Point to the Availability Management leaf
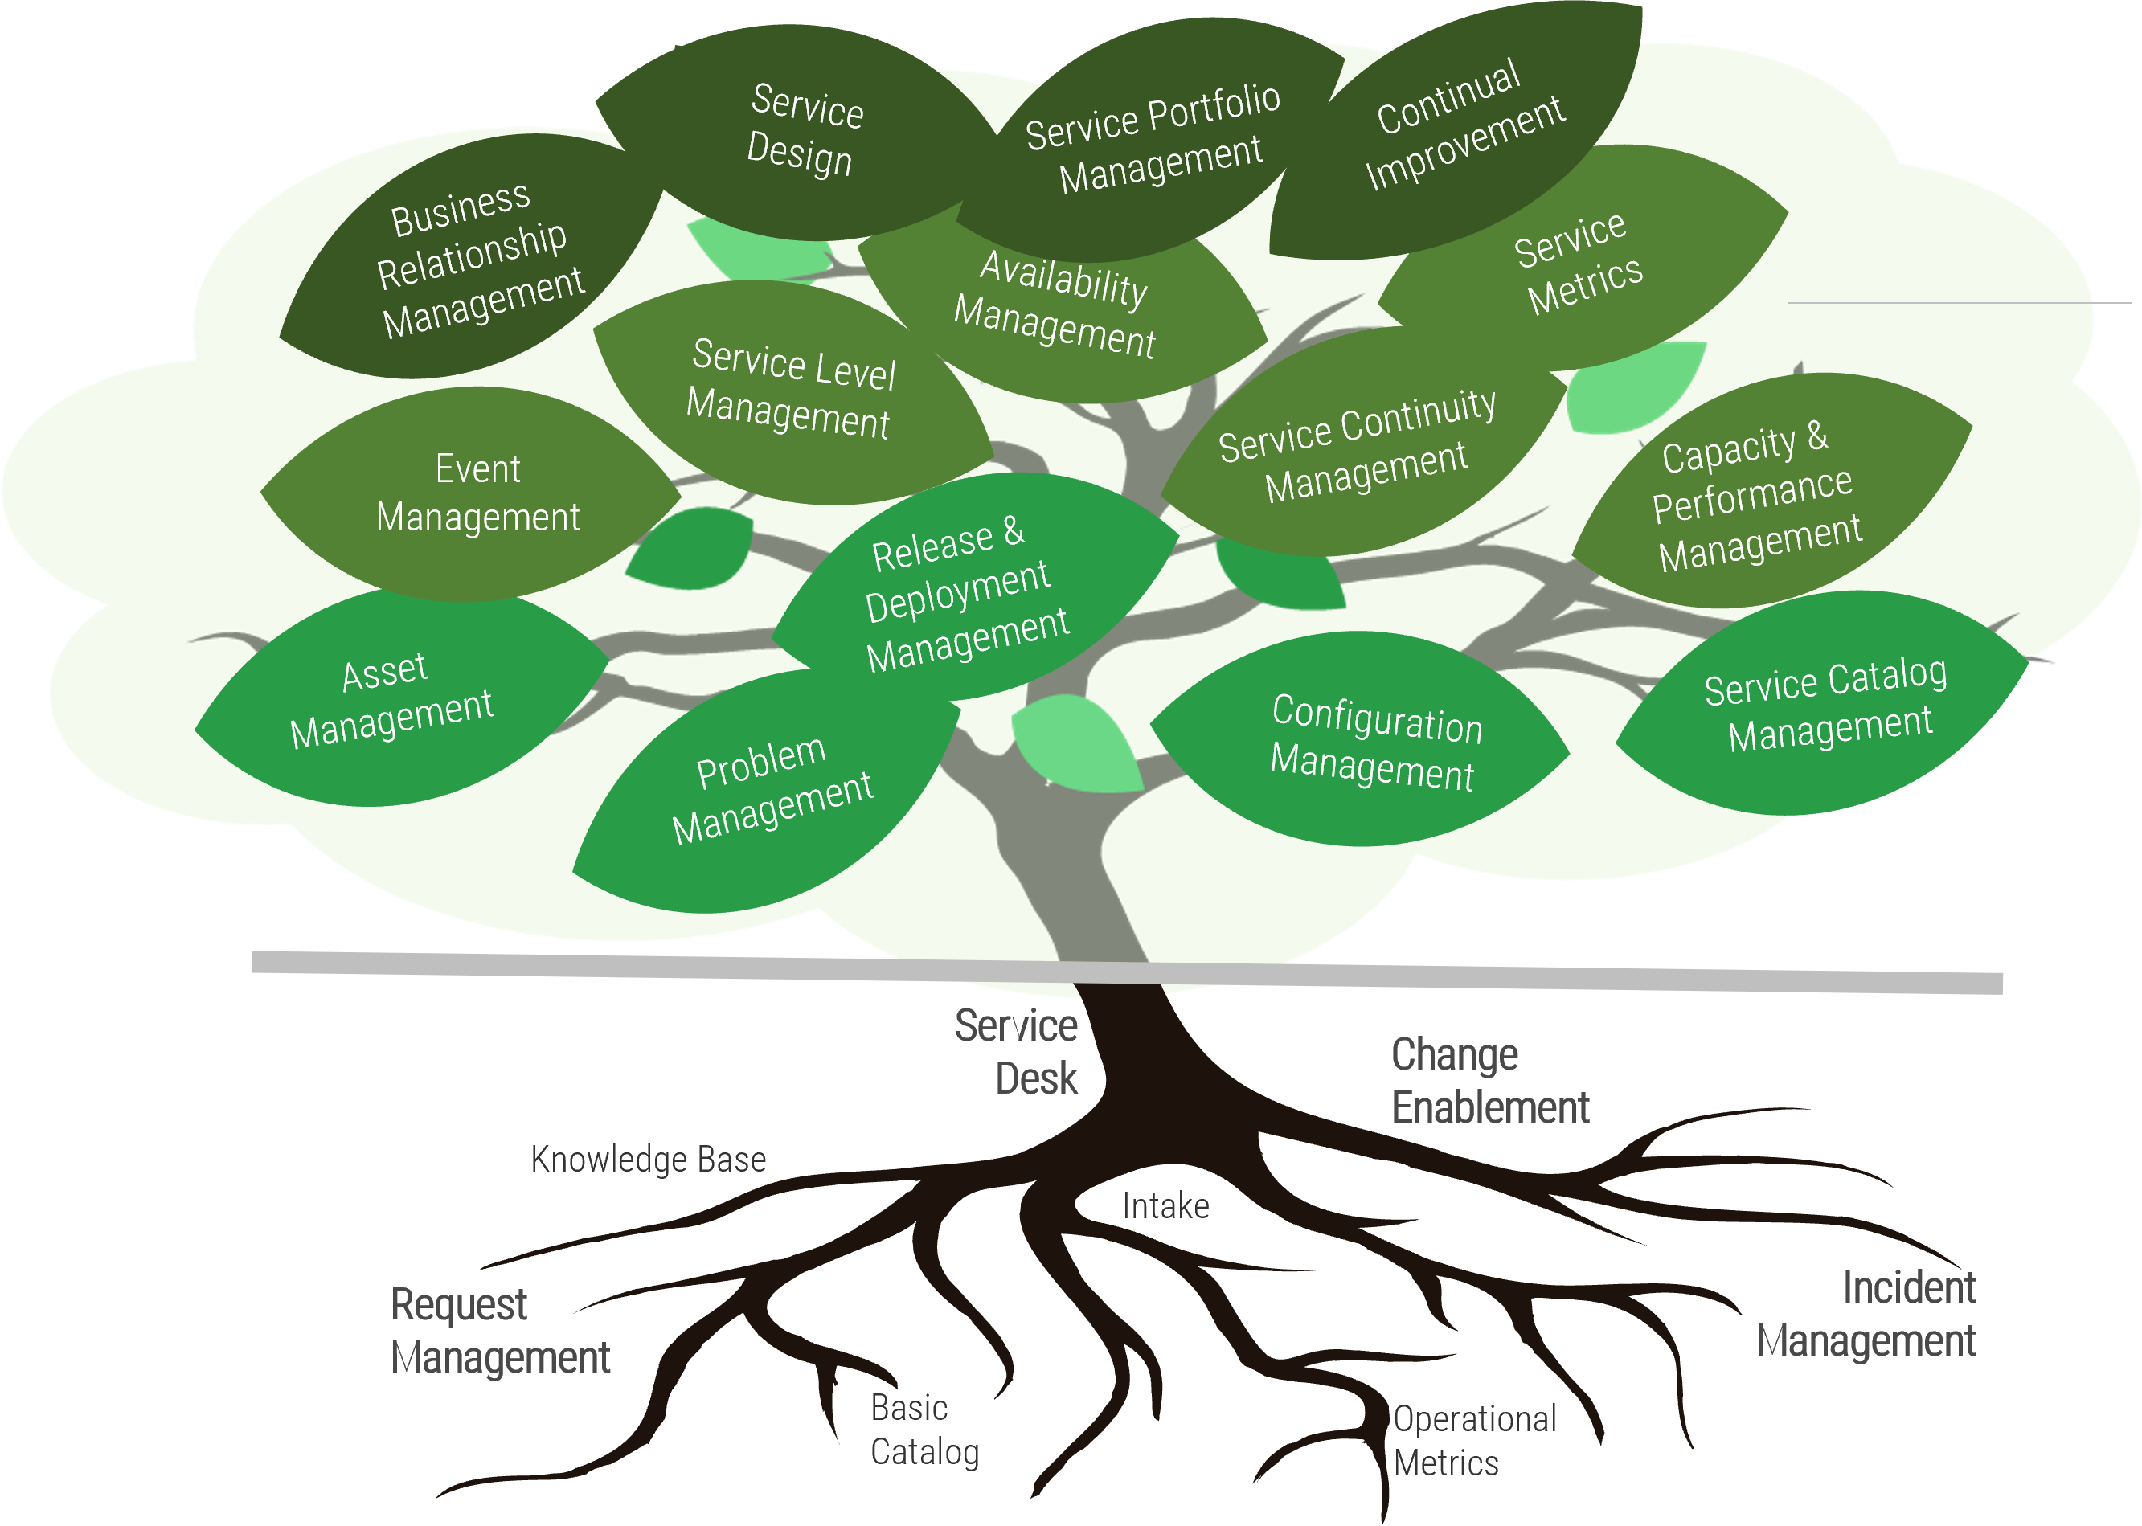pyautogui.click(x=1058, y=305)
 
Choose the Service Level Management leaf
pyautogui.click(x=789, y=390)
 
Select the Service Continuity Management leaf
pyautogui.click(x=1358, y=446)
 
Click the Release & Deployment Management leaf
pyautogui.click(x=964, y=592)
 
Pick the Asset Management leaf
pyautogui.click(x=390, y=700)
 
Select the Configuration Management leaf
pyautogui.click(x=1372, y=743)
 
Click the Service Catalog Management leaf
pyautogui.click(x=1824, y=705)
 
